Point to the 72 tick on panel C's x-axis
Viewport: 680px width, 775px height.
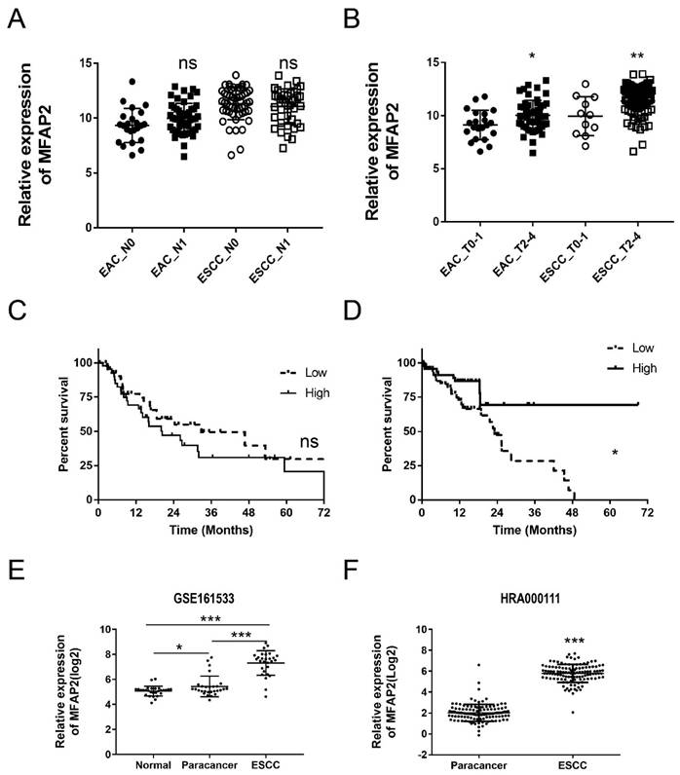[322, 513]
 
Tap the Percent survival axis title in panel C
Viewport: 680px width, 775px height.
[63, 430]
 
